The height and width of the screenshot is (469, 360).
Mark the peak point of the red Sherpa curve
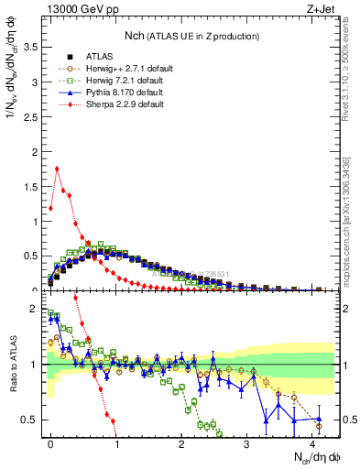[57, 168]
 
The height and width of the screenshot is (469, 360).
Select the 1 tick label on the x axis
[116, 443]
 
